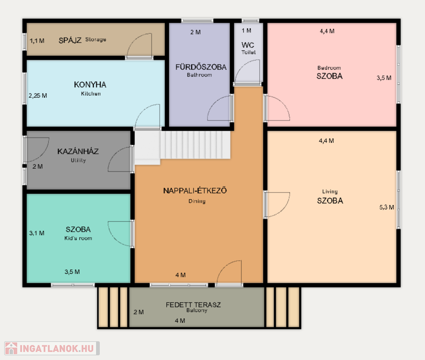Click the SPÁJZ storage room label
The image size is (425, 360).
pos(70,40)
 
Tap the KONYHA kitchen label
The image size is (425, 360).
pos(90,84)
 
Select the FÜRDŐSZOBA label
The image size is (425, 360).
pos(201,67)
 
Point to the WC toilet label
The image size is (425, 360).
pos(248,45)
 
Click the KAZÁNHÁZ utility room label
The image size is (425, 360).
pos(78,151)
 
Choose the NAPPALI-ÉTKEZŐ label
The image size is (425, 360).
pos(195,191)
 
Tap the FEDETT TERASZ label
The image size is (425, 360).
pos(193,305)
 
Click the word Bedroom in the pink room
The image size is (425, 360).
pos(329,68)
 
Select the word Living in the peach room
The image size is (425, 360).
pos(330,191)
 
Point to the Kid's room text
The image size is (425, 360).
pos(78,238)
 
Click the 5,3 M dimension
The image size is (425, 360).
pos(387,207)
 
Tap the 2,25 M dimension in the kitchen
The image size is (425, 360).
pos(37,96)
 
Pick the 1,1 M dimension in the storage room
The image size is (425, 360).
pos(37,41)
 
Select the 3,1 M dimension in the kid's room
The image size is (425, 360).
pos(37,233)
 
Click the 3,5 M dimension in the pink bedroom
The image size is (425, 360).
pos(384,78)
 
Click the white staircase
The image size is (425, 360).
pos(183,148)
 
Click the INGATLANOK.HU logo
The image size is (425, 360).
pos(52,348)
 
